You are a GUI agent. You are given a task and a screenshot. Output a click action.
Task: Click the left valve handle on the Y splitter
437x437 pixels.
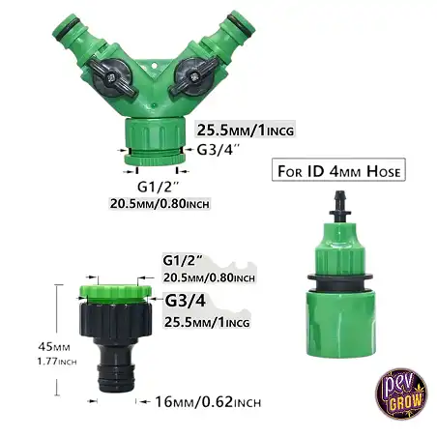pyautogui.click(x=112, y=77)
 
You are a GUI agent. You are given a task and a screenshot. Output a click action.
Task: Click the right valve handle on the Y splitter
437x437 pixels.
pyautogui.click(x=194, y=76)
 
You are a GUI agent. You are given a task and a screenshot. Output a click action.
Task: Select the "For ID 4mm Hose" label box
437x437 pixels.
pyautogui.click(x=338, y=169)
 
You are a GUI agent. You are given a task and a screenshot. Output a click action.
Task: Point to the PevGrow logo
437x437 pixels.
pyautogui.click(x=401, y=393)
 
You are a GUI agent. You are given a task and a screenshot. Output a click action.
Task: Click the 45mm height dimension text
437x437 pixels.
pyautogui.click(x=54, y=347)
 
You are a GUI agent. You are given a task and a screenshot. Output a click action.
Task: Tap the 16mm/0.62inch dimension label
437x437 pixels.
pyautogui.click(x=208, y=402)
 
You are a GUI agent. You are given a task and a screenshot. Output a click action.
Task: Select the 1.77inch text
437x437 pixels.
pyautogui.click(x=57, y=362)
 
